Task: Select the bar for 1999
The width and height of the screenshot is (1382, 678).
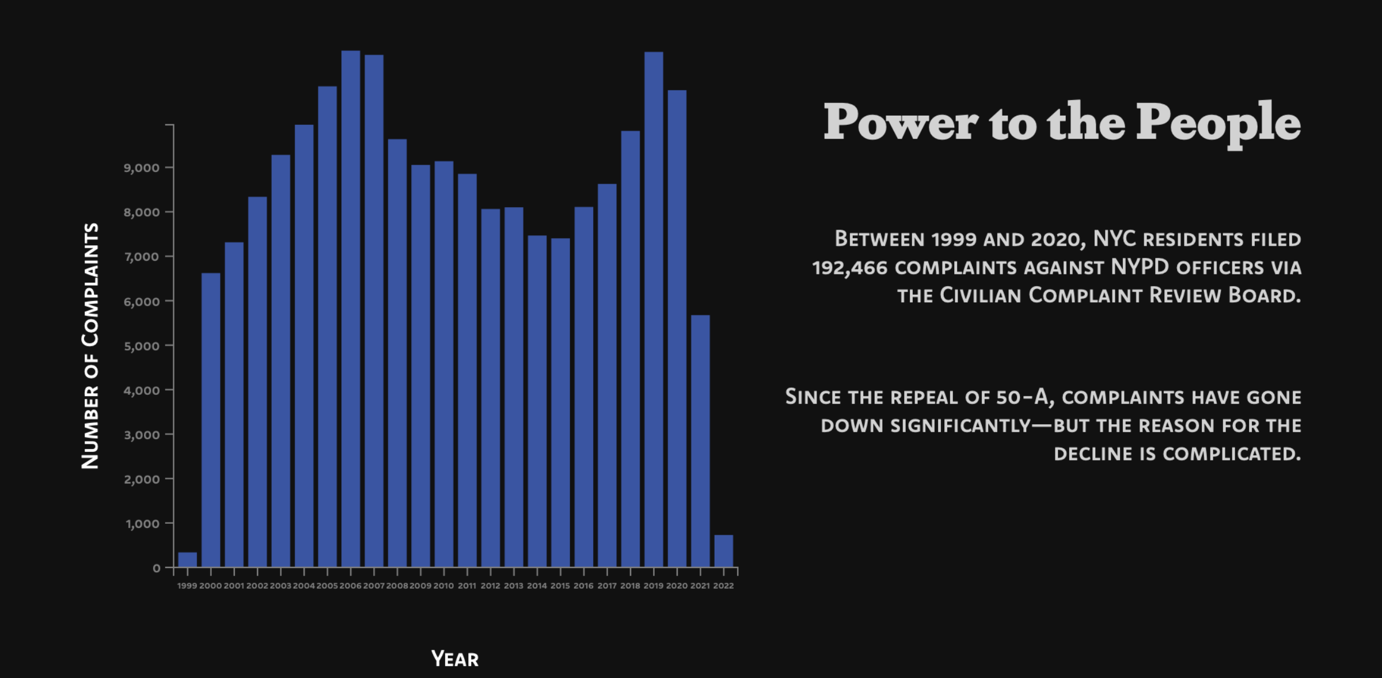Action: [x=188, y=559]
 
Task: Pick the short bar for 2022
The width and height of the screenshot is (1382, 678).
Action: [x=724, y=551]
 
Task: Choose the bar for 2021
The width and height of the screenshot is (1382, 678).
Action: [x=700, y=441]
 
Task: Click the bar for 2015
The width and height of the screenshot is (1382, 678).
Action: [x=560, y=402]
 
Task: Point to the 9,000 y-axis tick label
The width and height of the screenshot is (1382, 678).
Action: [x=141, y=168]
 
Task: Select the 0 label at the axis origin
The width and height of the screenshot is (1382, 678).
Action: [x=157, y=569]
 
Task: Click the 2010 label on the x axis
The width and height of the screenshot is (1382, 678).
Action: [x=443, y=586]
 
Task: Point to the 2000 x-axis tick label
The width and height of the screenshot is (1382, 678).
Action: [x=211, y=586]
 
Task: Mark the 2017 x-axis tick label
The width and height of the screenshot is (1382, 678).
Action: [x=607, y=586]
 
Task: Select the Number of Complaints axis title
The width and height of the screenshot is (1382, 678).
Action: [x=90, y=346]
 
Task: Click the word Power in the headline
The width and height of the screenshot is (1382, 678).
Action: [x=901, y=122]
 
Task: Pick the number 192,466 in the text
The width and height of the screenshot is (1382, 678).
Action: [x=849, y=268]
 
